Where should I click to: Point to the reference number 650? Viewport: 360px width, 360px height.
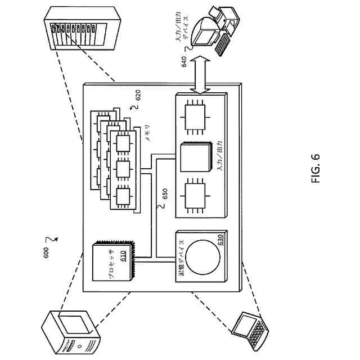(165, 195)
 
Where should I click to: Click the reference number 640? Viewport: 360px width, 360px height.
(184, 61)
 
